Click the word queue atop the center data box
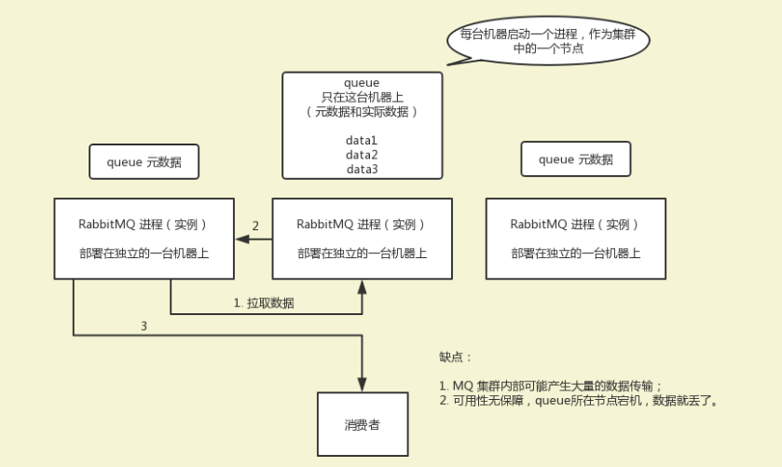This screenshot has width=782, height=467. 362,83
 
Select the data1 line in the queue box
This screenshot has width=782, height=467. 362,140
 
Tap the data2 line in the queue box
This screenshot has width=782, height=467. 362,155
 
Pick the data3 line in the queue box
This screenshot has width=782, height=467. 362,169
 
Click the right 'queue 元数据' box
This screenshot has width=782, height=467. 575,159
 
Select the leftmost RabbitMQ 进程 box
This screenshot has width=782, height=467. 144,238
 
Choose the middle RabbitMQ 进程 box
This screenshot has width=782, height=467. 362,238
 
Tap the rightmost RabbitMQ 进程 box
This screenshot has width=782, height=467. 575,238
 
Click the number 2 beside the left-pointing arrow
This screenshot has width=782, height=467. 255,226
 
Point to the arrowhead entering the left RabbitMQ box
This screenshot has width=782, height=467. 240,240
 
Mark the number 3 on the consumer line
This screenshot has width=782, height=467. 144,326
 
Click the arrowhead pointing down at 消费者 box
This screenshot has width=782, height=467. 362,384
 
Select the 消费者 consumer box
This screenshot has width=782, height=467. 362,424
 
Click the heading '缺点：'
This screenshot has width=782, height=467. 456,357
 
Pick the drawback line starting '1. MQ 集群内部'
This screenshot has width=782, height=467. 551,386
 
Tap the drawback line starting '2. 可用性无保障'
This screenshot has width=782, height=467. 578,400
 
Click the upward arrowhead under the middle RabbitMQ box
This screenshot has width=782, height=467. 362,285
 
